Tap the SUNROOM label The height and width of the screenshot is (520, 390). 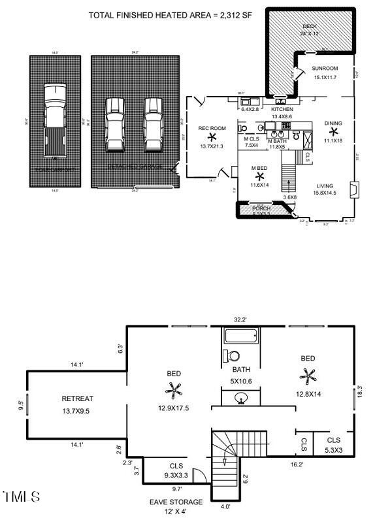point(325,69)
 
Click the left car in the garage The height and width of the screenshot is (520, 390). point(115,123)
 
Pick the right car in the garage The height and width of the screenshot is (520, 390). point(153,123)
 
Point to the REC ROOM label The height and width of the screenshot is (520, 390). point(212,128)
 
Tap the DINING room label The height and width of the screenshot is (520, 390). point(333,123)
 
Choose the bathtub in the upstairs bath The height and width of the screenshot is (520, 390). point(243,336)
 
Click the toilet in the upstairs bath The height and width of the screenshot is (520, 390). point(231,356)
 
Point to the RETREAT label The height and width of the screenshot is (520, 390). point(78,398)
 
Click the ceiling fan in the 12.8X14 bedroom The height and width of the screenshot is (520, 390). point(307,376)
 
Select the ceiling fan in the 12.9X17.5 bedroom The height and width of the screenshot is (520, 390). point(174,391)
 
